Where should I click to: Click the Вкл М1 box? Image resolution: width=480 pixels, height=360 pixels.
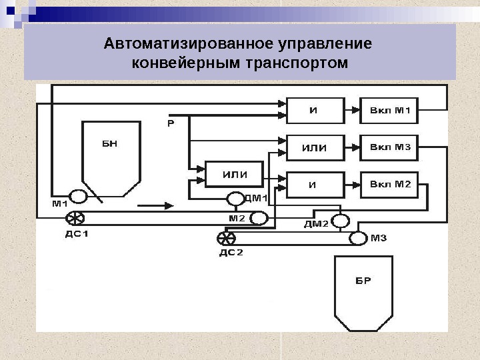point(389,111)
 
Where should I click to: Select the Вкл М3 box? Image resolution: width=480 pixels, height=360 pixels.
point(389,147)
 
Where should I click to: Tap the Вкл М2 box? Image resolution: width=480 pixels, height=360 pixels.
point(389,184)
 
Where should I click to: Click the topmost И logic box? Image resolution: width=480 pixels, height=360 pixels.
point(315,111)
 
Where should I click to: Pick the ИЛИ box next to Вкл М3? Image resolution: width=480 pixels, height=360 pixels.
point(315,147)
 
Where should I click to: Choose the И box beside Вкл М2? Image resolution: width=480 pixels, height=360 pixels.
point(315,184)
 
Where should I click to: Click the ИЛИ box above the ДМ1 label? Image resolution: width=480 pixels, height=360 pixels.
point(234,175)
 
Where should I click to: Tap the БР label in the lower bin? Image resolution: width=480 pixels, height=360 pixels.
point(363,280)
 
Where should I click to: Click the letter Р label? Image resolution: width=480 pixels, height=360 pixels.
point(171,123)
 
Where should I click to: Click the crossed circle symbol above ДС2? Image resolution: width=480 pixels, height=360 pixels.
point(227,237)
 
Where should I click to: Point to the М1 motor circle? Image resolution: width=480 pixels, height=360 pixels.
point(78,197)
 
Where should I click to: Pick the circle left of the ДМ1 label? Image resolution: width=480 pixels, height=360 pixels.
point(235,199)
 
